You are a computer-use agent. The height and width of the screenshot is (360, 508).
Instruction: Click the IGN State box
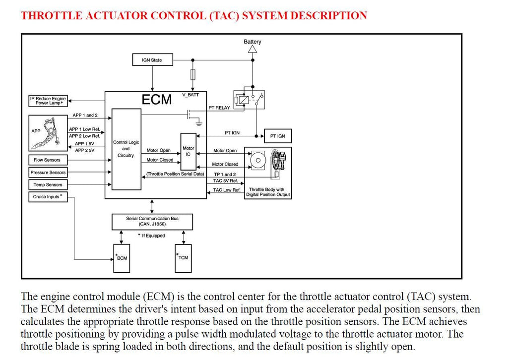[x=153, y=60]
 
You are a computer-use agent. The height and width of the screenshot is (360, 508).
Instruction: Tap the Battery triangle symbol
[x=253, y=49]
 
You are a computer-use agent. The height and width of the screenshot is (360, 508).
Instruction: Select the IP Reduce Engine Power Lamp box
[x=48, y=101]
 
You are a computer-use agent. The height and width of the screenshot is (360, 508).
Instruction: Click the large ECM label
[x=156, y=99]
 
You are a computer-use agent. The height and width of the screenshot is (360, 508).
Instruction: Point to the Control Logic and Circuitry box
[x=127, y=149]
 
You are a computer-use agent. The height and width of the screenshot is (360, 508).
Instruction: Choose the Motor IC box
[x=188, y=151]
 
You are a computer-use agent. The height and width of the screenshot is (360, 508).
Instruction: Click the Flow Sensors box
[x=48, y=160]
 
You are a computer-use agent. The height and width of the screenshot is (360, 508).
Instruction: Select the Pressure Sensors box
[x=48, y=172]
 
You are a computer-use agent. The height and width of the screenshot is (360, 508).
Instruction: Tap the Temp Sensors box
[x=48, y=184]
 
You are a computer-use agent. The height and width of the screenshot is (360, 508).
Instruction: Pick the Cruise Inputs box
[x=48, y=197]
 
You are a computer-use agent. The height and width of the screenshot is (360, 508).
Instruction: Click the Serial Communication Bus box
[x=152, y=222]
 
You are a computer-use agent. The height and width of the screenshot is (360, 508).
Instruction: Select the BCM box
[x=122, y=258]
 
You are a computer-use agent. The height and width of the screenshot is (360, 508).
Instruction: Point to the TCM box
[x=183, y=258]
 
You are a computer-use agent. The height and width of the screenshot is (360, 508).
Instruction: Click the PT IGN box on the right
[x=278, y=136]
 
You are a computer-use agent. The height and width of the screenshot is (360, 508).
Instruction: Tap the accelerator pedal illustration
[x=49, y=133]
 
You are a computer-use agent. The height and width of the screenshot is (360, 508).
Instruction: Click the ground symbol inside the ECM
[x=198, y=123]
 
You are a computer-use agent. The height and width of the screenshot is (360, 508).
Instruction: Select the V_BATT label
[x=190, y=95]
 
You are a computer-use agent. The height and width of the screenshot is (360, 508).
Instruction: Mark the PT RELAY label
[x=219, y=108]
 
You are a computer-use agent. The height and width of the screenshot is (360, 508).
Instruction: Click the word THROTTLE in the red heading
[x=52, y=15]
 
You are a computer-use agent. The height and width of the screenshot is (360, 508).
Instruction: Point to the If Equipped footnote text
[x=151, y=236]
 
